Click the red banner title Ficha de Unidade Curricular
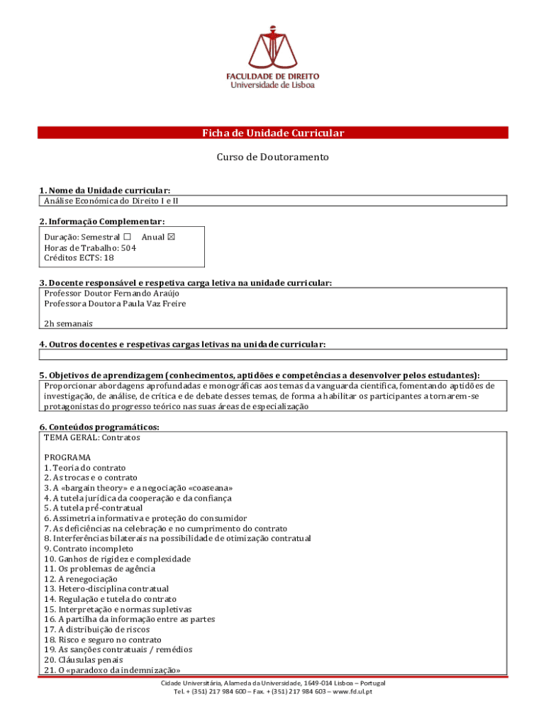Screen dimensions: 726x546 tap(272, 133)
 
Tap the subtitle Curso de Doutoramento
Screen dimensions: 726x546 tap(272, 157)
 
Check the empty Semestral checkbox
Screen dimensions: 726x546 tap(127, 238)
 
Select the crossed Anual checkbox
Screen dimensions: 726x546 tap(169, 238)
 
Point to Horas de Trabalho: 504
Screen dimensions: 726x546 tap(89, 248)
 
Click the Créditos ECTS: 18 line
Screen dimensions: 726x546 tap(78, 258)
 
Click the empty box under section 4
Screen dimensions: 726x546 tap(272, 354)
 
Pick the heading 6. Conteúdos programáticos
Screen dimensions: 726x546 tap(99, 427)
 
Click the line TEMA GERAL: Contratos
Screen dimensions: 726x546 tap(91, 437)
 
